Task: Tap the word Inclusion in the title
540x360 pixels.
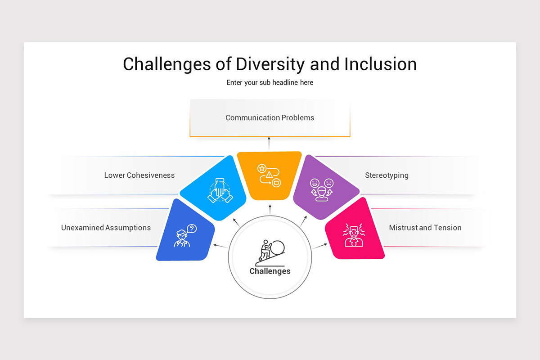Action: (380, 64)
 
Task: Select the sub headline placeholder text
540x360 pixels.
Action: (270, 82)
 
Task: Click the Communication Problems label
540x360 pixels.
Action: (270, 117)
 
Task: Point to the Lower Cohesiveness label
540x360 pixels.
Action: (139, 175)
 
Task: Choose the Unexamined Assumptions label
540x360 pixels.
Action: (106, 228)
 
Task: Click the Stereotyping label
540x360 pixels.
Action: (387, 175)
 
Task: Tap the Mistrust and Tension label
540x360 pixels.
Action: (425, 228)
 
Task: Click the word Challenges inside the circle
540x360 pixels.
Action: (270, 271)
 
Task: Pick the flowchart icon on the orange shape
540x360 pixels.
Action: (269, 175)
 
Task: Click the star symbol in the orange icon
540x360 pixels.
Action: (261, 168)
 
